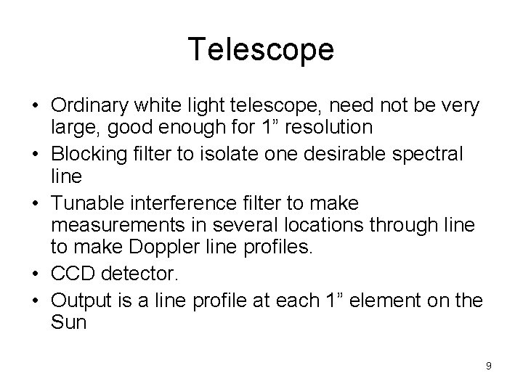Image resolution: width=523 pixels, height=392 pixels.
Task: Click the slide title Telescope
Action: (261, 49)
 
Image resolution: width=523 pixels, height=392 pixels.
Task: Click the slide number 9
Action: (488, 366)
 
